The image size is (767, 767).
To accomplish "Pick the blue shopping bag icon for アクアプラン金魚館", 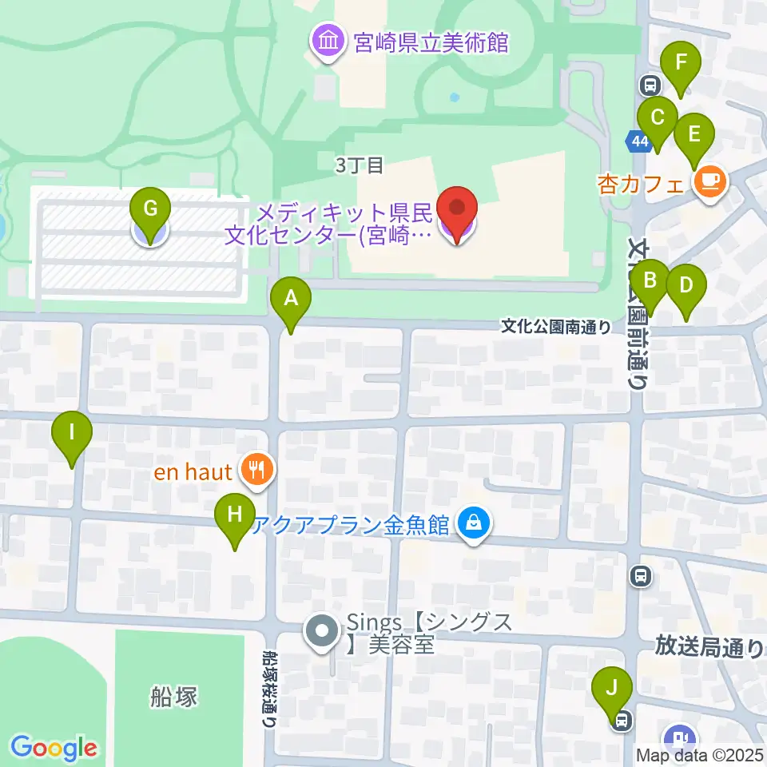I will (474, 525).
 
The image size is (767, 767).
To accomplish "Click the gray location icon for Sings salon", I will (323, 632).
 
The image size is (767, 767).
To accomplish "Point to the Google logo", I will (54, 747).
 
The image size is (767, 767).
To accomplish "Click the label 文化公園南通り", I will (556, 326).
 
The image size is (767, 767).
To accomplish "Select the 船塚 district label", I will (173, 697).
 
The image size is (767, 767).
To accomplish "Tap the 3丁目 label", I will (360, 165).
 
